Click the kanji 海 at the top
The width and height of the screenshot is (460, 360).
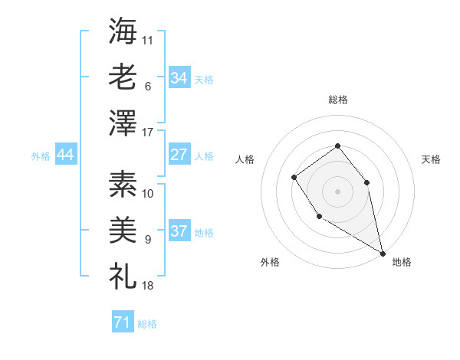tap(123, 31)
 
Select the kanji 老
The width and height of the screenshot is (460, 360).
tap(123, 77)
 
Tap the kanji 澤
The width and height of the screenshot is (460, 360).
tap(123, 123)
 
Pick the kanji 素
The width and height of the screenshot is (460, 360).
tap(123, 184)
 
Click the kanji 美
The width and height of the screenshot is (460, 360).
tap(123, 230)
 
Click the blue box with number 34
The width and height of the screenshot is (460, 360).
tap(179, 77)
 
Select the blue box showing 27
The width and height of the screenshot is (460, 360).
tap(179, 155)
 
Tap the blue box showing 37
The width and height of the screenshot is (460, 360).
tap(179, 231)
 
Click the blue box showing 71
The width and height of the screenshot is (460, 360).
tap(122, 322)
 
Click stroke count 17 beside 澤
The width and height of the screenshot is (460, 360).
tap(148, 133)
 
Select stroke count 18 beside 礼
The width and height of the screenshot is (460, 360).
tap(148, 286)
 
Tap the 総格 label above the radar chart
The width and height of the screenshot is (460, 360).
tap(337, 100)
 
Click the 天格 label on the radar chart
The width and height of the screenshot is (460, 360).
tap(431, 159)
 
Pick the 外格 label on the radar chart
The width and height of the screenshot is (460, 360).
tap(270, 262)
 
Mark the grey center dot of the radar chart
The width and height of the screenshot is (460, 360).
tap(337, 191)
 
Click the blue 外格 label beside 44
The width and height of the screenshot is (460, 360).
tap(41, 156)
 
